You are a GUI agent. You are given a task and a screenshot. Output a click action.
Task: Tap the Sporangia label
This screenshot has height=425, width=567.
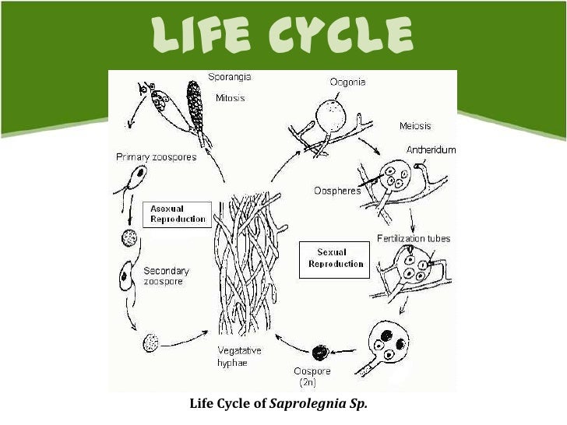pos(230,76)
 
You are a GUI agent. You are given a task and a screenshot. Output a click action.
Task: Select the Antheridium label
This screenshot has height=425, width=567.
pos(431,149)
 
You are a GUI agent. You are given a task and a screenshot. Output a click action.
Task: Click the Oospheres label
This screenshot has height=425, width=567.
pos(337,191)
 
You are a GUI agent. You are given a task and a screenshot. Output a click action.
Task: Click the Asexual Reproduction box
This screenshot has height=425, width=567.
pos(178,214)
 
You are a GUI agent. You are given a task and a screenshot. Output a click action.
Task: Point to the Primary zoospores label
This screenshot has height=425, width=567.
pos(156,156)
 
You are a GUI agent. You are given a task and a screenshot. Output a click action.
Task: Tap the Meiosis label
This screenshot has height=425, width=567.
pos(415,125)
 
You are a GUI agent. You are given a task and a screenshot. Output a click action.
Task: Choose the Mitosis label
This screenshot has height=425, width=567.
pos(230,98)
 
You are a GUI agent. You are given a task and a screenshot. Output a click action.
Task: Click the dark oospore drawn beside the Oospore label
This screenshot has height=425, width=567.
pos(319,353)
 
